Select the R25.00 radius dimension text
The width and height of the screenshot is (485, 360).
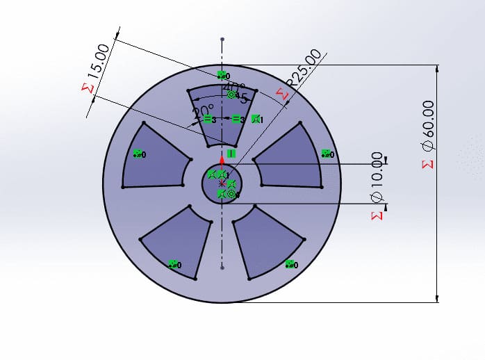[305, 67]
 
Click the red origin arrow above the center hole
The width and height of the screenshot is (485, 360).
[222, 159]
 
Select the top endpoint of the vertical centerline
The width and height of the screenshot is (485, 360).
[222, 39]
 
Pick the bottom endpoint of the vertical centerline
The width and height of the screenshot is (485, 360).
[222, 267]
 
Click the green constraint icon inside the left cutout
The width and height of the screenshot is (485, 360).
[138, 154]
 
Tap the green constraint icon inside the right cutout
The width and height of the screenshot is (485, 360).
[326, 154]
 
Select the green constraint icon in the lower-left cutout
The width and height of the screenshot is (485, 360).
[174, 264]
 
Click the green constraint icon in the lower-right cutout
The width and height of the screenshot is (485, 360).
[290, 264]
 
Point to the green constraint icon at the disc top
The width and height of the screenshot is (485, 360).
[222, 75]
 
